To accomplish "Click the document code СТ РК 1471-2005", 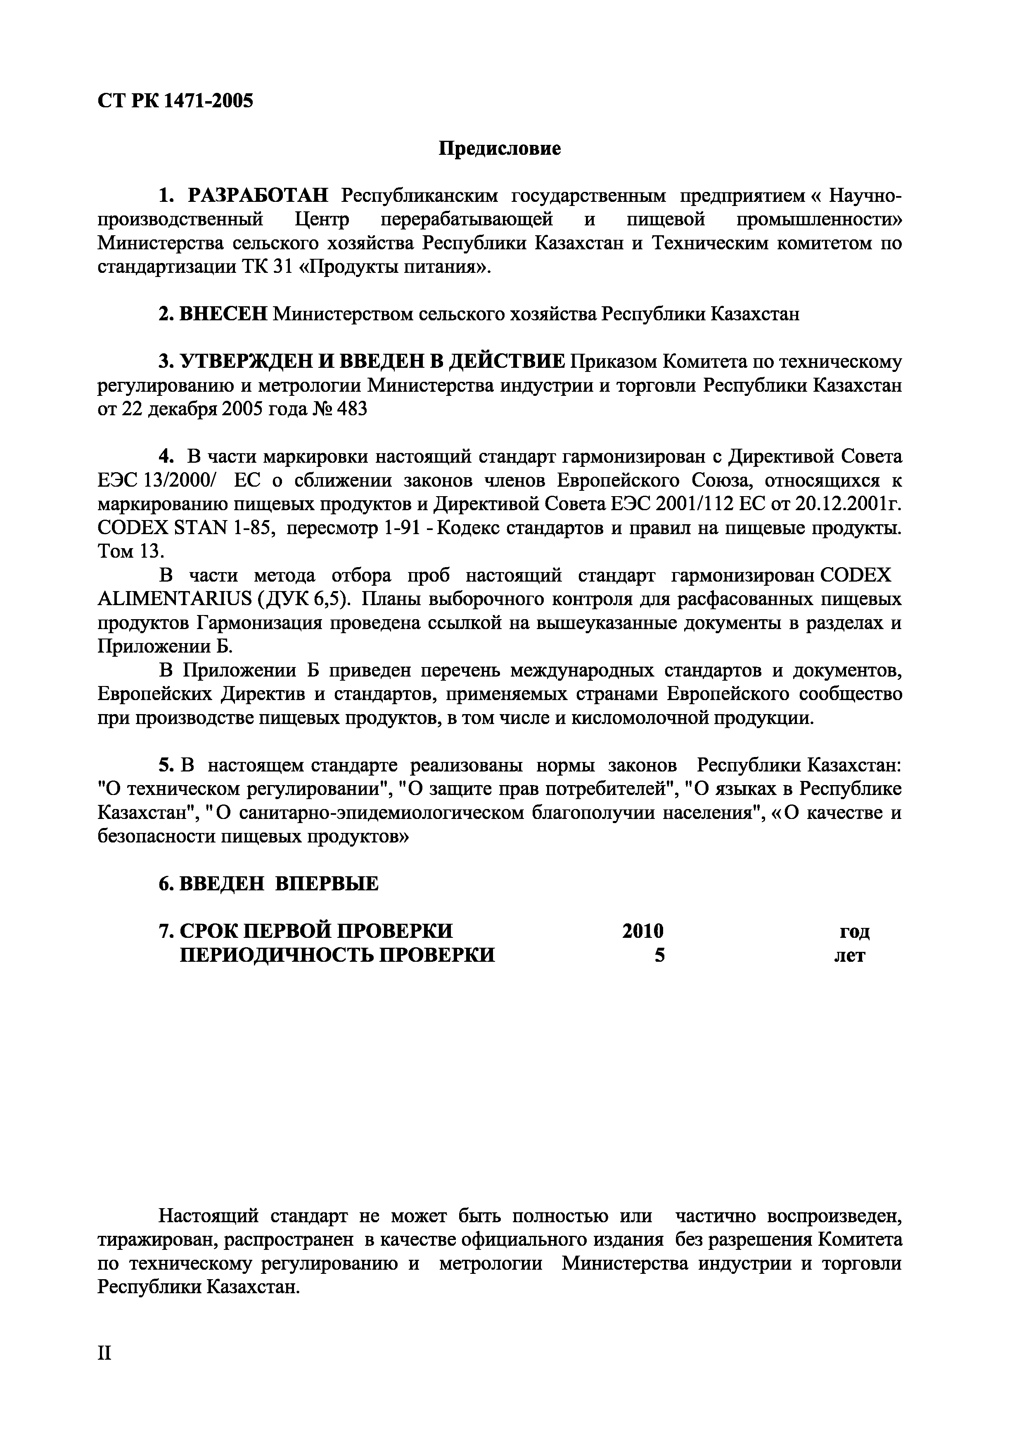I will click(175, 100).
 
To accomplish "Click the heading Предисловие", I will click(499, 149).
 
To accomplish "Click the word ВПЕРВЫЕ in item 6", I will click(327, 884).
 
